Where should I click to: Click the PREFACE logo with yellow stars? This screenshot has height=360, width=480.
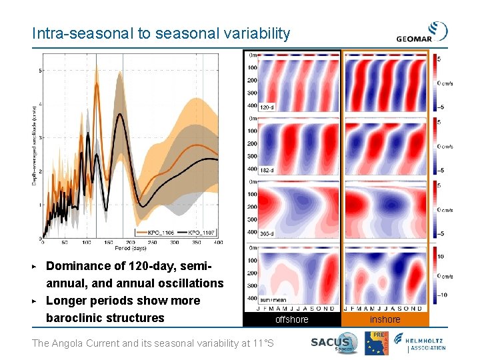click(x=382, y=341)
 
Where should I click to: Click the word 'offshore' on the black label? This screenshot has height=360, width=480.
click(x=292, y=319)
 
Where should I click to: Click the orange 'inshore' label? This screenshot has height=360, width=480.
click(x=385, y=319)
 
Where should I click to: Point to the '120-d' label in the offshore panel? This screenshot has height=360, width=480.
click(x=267, y=107)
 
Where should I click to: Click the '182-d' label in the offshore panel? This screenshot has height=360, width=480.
click(x=267, y=170)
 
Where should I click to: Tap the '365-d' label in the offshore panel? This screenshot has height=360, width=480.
click(x=267, y=233)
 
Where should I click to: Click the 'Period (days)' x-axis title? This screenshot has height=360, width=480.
click(x=132, y=248)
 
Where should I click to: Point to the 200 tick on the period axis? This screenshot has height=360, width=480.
click(x=131, y=242)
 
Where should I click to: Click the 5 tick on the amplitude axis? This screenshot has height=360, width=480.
click(x=41, y=70)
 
